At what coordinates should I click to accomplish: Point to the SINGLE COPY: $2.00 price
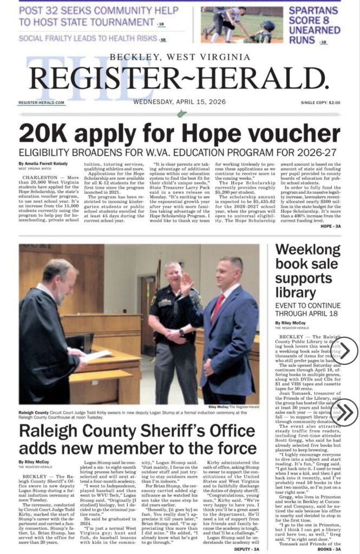320,102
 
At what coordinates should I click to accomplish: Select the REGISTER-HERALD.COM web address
41,102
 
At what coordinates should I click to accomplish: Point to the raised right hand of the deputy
187,284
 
